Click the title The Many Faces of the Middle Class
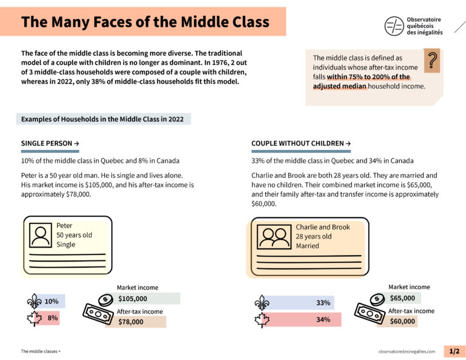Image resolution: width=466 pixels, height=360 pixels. [x=145, y=22]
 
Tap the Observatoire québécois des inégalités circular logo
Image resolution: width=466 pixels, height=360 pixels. [x=394, y=25]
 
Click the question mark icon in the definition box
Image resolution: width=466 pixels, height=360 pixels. [x=432, y=61]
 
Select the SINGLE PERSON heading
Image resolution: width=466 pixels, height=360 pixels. [x=50, y=143]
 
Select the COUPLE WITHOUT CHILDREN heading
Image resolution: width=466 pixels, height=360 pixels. [x=300, y=143]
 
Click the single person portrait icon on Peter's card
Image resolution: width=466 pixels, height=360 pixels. [x=41, y=235]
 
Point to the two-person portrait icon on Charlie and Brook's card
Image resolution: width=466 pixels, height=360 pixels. [x=274, y=237]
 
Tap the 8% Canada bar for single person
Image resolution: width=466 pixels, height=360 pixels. [x=52, y=318]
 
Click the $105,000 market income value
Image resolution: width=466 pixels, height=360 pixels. [x=132, y=298]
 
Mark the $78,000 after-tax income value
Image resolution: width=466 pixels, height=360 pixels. [x=130, y=322]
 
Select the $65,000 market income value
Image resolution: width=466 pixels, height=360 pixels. [x=402, y=298]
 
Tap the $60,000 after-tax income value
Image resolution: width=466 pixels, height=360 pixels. [x=402, y=321]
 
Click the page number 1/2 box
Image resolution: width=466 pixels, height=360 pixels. [x=454, y=351]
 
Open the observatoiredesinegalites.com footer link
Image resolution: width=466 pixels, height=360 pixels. [x=406, y=352]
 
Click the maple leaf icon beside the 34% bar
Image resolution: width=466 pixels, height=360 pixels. [x=262, y=320]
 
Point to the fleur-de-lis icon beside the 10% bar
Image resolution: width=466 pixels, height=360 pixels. [x=35, y=301]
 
